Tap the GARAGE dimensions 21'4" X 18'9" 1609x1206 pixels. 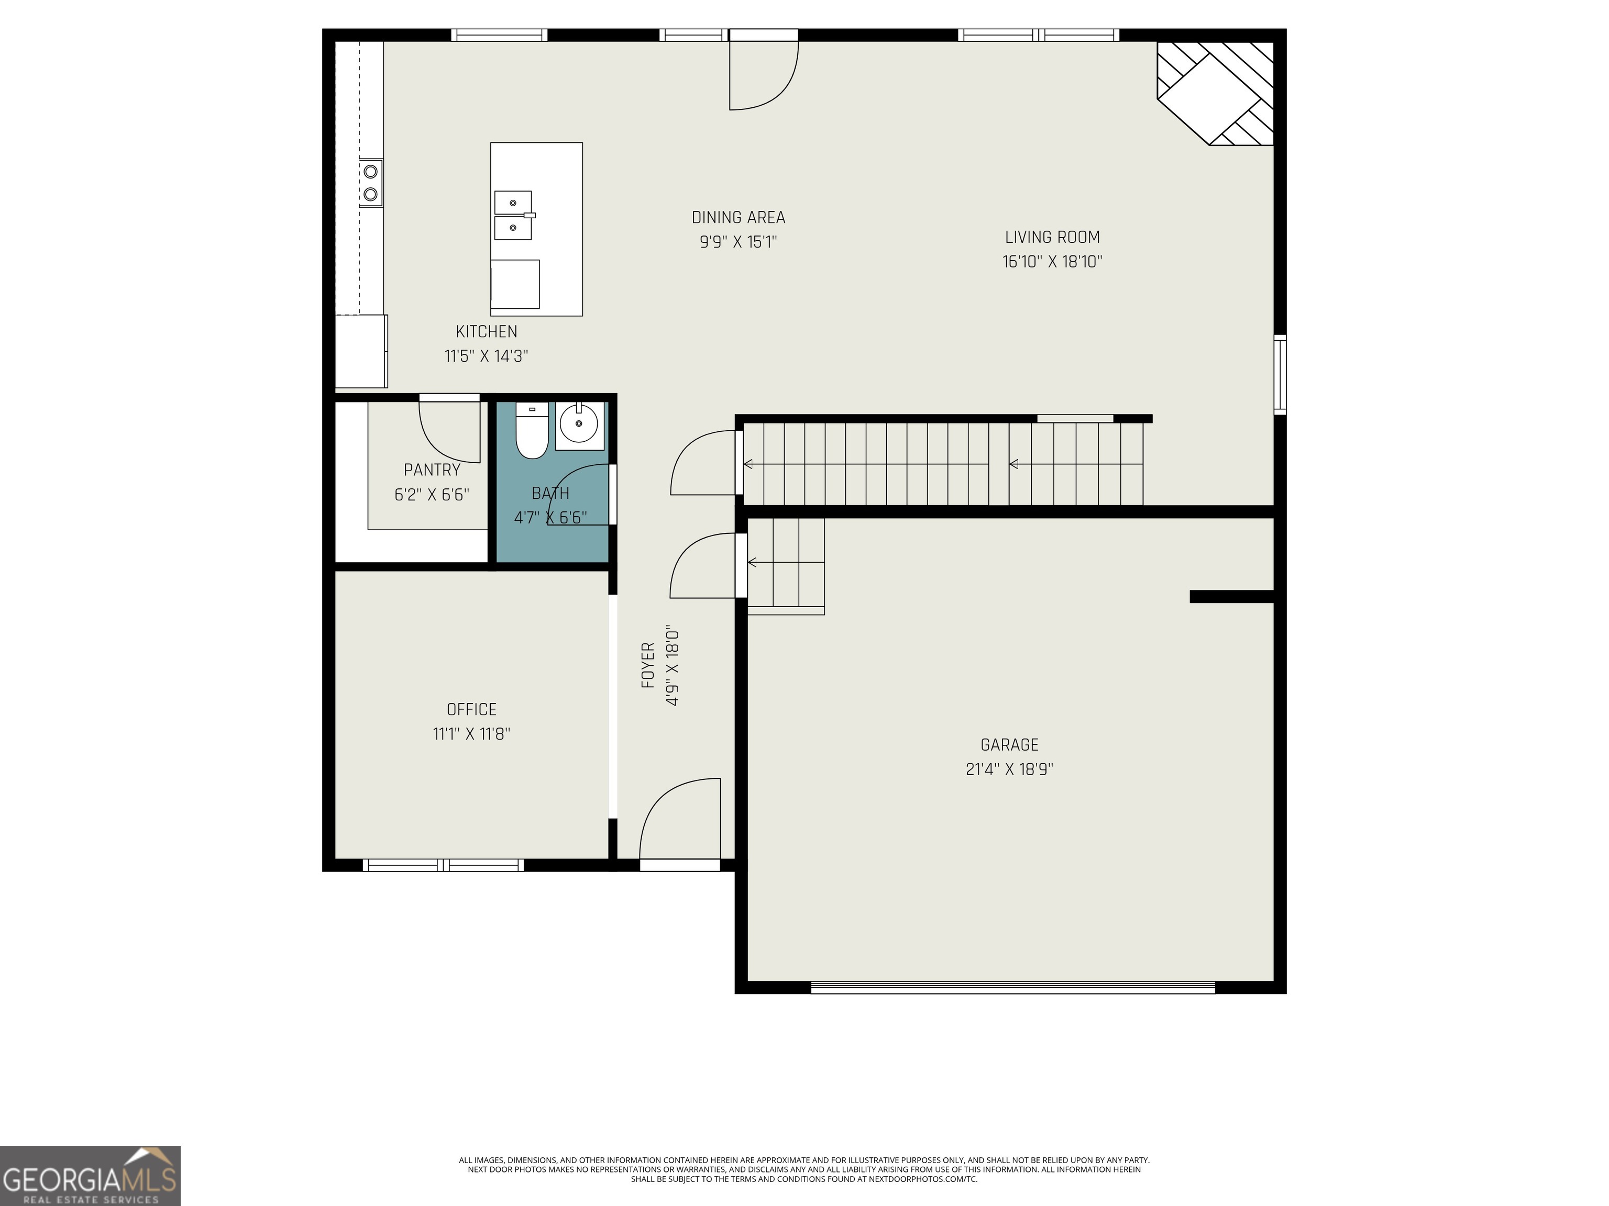pyautogui.click(x=1010, y=769)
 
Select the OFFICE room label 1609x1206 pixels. pyautogui.click(x=471, y=709)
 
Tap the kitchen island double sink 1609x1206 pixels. pyautogui.click(x=513, y=215)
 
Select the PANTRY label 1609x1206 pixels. pyautogui.click(x=432, y=470)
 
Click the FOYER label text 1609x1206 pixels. pyautogui.click(x=647, y=665)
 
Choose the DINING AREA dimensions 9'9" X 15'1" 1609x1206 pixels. pyautogui.click(x=739, y=242)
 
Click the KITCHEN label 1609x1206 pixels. pyautogui.click(x=487, y=331)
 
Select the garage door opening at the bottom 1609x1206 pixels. pyautogui.click(x=1012, y=987)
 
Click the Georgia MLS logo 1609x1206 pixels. pyautogui.click(x=90, y=1176)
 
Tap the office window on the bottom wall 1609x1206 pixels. pyautogui.click(x=443, y=865)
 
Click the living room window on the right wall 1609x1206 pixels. pyautogui.click(x=1280, y=374)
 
